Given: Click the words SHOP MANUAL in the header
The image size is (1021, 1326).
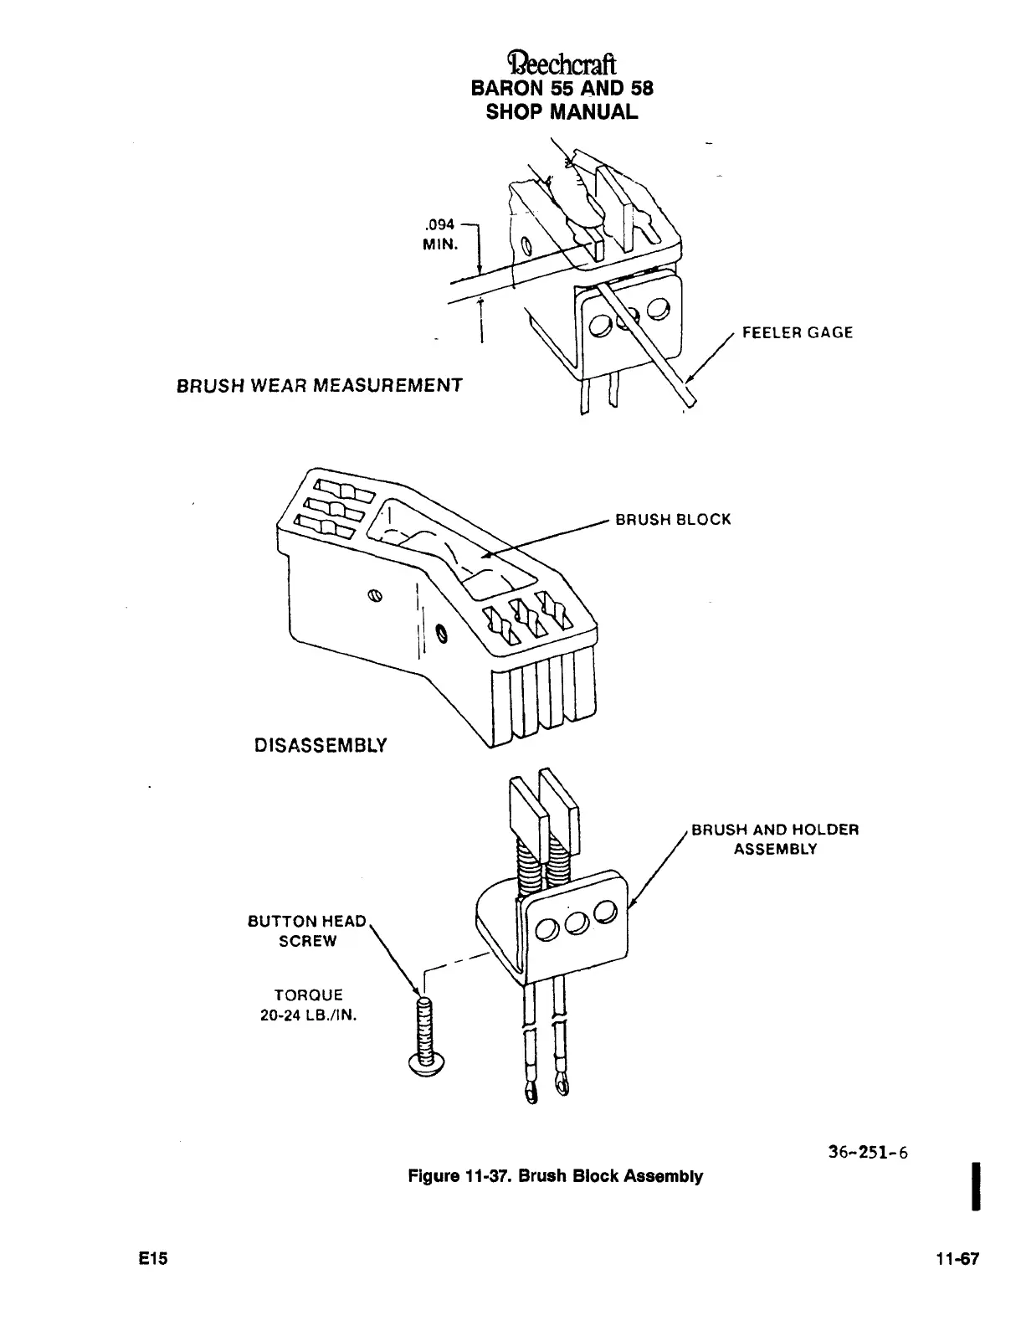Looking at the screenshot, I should click(562, 110).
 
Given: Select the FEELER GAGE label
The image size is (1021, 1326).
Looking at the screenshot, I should click(798, 332).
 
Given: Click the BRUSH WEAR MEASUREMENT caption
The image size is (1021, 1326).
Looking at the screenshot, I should click(319, 386).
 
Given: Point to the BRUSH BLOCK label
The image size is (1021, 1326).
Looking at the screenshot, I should click(673, 519).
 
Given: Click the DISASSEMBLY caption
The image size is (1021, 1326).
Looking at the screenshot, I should click(321, 744).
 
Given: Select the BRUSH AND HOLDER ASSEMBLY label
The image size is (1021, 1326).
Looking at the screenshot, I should click(775, 839).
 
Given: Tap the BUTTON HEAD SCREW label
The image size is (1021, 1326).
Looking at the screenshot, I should click(307, 931).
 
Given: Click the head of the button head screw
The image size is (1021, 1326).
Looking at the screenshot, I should click(427, 1062).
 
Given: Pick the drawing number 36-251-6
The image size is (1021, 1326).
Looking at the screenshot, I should click(867, 1153).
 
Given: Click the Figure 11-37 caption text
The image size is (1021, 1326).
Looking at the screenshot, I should click(555, 1176).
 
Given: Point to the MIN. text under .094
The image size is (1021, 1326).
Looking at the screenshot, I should click(440, 244).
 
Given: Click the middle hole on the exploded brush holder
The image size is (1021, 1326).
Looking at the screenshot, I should click(575, 923).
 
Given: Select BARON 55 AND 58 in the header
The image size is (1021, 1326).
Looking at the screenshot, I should click(562, 88).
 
